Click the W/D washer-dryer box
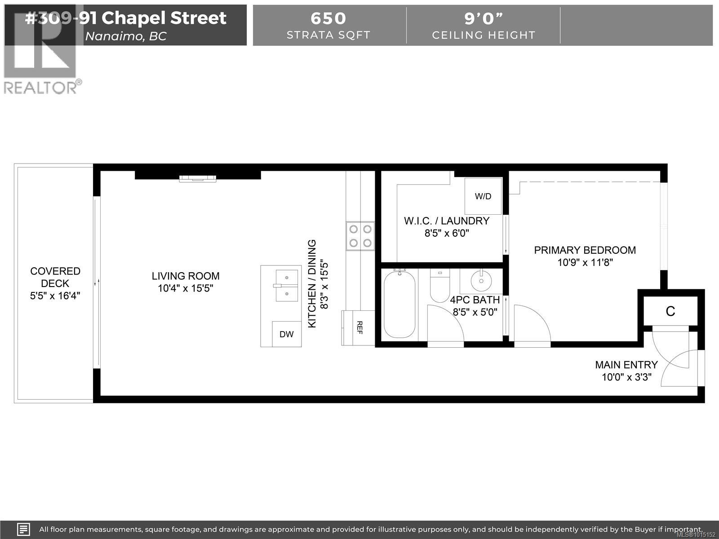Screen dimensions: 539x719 point(483,196)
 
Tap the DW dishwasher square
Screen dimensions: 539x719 point(286,334)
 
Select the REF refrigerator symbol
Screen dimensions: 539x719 point(358,328)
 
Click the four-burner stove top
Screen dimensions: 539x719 point(360,236)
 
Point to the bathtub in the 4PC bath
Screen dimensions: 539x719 point(399,304)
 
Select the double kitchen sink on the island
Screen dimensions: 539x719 point(287,285)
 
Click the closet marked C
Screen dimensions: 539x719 point(670,311)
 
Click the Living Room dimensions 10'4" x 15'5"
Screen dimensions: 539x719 point(185,288)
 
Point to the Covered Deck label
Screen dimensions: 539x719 point(55,277)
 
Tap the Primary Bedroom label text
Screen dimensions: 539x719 point(585,250)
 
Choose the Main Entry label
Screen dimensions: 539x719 point(626,365)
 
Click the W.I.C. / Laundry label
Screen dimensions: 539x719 point(447,221)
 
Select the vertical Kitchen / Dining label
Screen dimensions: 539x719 point(312,284)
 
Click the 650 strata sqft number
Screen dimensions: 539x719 point(328,18)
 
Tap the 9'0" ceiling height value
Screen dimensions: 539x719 point(484,18)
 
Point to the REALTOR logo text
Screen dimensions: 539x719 point(40,87)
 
